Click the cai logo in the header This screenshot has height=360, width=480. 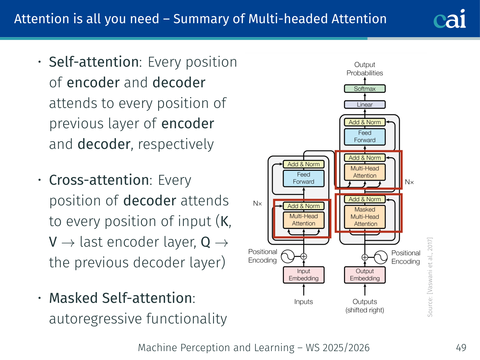point(450,19)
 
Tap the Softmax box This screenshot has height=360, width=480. point(365,89)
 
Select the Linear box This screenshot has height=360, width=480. point(365,104)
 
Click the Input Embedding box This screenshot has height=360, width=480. point(303,275)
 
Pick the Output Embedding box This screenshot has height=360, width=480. point(365,275)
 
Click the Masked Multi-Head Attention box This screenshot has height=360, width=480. point(365,217)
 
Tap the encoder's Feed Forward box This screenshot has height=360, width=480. point(303,178)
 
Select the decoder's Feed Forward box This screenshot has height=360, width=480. point(365,137)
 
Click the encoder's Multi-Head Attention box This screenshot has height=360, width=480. point(303,220)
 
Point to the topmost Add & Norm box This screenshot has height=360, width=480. point(365,122)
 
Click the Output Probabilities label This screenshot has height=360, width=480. point(365,69)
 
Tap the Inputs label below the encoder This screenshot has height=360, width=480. point(303,302)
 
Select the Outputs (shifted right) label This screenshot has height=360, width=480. point(365,306)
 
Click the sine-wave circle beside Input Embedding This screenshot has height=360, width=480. point(288,257)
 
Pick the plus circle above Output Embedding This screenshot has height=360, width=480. point(365,257)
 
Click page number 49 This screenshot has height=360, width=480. point(461,348)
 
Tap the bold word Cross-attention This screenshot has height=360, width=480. point(99,180)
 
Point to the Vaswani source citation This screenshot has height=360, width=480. point(430,277)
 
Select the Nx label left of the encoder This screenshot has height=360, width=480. point(257,203)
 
